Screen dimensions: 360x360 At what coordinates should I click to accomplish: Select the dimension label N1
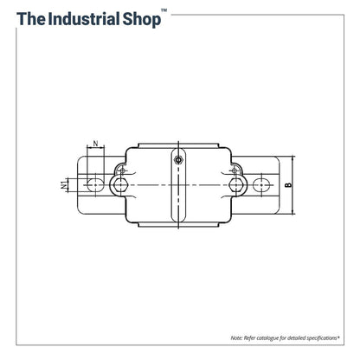point(62,184)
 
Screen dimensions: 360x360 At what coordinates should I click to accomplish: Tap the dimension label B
point(287,184)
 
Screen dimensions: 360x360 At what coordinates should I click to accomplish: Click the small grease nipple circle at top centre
point(178,159)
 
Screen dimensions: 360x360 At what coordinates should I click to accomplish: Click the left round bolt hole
point(119,184)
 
